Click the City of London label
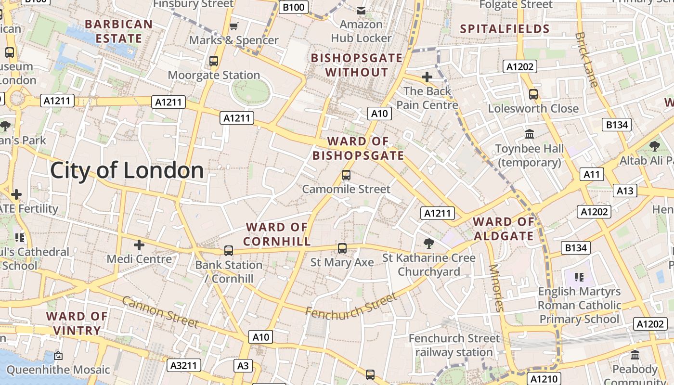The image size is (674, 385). (x=127, y=171)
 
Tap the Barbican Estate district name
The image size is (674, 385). (x=118, y=31)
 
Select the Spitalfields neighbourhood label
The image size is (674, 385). (x=505, y=29)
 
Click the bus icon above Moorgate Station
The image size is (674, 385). (x=214, y=61)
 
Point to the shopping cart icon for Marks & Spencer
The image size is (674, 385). (x=234, y=26)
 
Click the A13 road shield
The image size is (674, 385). (x=625, y=191)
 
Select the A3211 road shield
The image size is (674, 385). (x=184, y=365)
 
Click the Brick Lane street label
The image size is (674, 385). (x=587, y=60)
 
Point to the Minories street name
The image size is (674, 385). (x=496, y=288)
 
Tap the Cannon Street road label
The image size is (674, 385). (x=160, y=312)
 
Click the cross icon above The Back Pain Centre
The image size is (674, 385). (x=427, y=77)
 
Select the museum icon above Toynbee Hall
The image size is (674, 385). (x=530, y=134)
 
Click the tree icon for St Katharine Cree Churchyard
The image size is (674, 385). (x=428, y=244)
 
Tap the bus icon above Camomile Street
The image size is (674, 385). (x=346, y=175)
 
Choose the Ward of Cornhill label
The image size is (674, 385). (x=277, y=234)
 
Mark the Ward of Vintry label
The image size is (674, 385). (x=77, y=323)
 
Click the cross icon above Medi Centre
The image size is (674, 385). (x=139, y=245)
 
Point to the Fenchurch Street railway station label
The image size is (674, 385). (x=454, y=345)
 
